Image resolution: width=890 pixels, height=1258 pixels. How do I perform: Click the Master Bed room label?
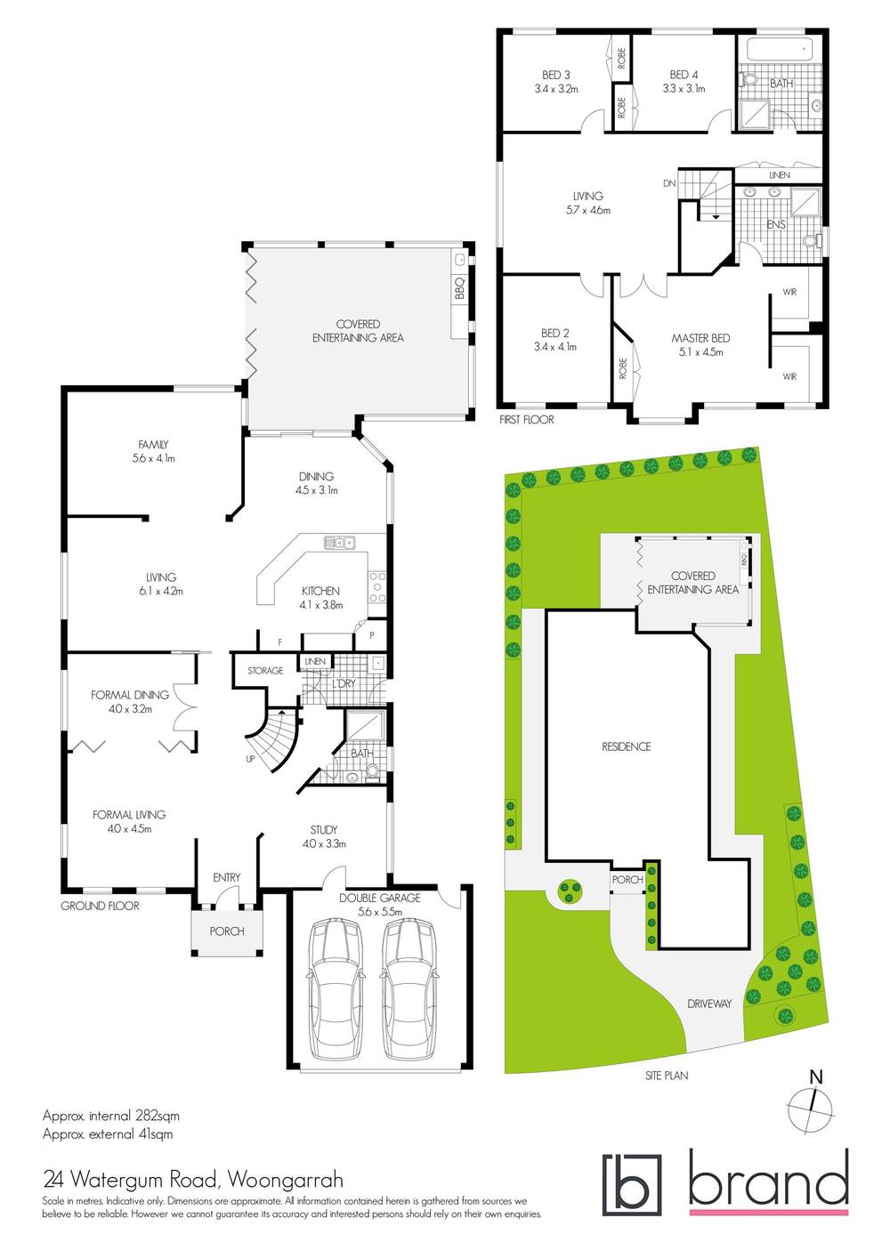click(700, 338)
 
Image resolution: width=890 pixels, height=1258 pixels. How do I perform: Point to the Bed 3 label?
click(556, 76)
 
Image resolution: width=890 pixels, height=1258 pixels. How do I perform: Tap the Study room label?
click(324, 830)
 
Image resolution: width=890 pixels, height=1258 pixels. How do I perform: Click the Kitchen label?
click(320, 591)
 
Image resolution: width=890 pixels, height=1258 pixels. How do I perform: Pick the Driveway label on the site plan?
click(709, 1004)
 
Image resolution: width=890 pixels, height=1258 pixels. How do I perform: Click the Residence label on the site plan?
click(627, 746)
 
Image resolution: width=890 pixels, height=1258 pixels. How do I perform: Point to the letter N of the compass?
click(816, 1077)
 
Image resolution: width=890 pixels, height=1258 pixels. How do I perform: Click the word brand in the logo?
click(768, 1179)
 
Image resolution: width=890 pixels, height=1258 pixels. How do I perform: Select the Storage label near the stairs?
click(265, 671)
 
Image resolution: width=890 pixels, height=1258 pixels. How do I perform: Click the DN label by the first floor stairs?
click(669, 183)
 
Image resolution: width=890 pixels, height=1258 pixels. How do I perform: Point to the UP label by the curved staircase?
click(251, 759)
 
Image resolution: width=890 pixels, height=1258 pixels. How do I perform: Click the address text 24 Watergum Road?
click(130, 1181)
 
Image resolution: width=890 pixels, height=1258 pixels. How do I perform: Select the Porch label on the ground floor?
click(227, 931)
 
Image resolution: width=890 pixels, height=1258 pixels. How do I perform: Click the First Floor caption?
click(526, 420)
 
